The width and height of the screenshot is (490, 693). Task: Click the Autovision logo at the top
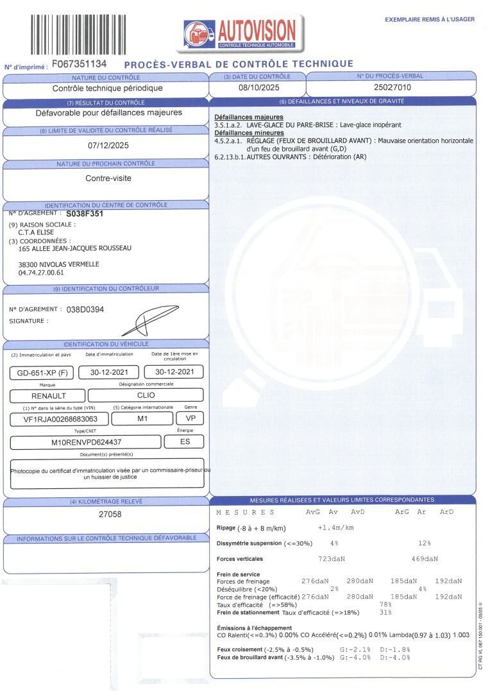pyautogui.click(x=240, y=32)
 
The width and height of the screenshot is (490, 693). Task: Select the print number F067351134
pyautogui.click(x=79, y=64)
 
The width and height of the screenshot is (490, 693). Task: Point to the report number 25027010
pyautogui.click(x=391, y=88)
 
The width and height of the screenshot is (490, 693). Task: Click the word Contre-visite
pyautogui.click(x=108, y=178)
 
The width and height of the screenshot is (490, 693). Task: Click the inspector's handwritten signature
pyautogui.click(x=148, y=321)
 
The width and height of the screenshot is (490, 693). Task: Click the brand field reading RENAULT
pyautogui.click(x=44, y=395)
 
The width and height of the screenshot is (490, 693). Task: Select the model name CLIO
pyautogui.click(x=146, y=395)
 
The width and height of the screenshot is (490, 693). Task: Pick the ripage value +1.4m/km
pyautogui.click(x=336, y=527)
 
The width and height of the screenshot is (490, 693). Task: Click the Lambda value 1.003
pyautogui.click(x=460, y=635)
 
